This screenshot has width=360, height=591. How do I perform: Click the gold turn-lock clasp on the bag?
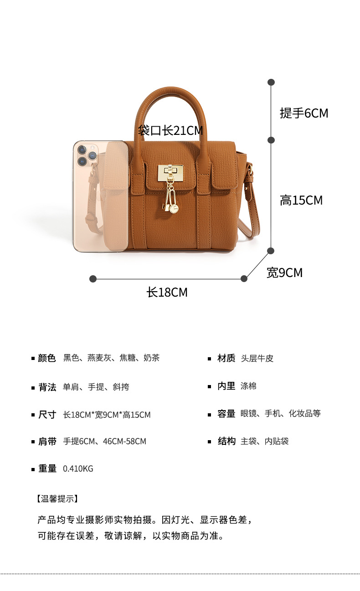pyautogui.click(x=170, y=172)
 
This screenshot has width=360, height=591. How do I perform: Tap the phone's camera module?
pyautogui.click(x=86, y=154)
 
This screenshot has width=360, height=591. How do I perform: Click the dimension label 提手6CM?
pyautogui.click(x=304, y=113)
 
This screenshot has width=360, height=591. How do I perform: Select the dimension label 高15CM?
pyautogui.click(x=301, y=200)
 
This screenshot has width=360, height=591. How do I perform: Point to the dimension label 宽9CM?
pyautogui.click(x=284, y=272)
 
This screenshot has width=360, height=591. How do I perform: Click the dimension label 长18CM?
pyautogui.click(x=167, y=292)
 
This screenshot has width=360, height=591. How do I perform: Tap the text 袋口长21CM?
pyautogui.click(x=170, y=131)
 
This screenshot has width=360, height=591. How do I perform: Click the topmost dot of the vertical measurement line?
pyautogui.click(x=271, y=82)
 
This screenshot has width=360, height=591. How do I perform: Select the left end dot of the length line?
pyautogui.click(x=93, y=278)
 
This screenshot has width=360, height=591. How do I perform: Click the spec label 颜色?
pyautogui.click(x=47, y=358)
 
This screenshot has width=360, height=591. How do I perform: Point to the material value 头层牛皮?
pyautogui.click(x=257, y=359)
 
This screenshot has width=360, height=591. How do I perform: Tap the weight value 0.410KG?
pyautogui.click(x=78, y=468)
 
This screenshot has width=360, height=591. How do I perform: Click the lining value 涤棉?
pyautogui.click(x=248, y=386)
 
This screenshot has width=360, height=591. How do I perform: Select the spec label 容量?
pyautogui.click(x=226, y=414)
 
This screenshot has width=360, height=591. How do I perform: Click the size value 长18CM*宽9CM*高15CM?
pyautogui.click(x=107, y=415)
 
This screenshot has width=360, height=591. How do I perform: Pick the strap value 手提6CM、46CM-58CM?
pyautogui.click(x=104, y=441)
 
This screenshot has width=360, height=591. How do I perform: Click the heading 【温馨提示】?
pyautogui.click(x=57, y=498)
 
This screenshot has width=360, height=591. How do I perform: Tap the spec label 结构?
pyautogui.click(x=226, y=441)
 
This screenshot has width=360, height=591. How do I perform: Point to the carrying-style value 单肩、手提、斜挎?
pyautogui.click(x=96, y=387)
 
